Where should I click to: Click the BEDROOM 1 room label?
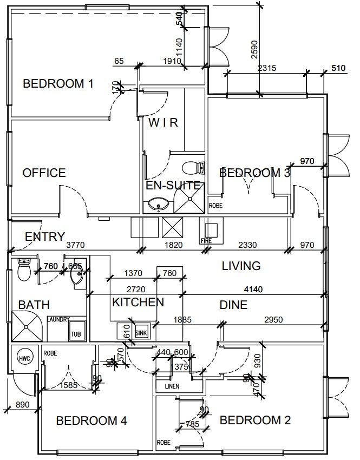[58, 84]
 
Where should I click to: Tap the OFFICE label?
[44, 173]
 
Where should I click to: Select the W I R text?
[163, 122]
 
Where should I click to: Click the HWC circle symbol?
[23, 359]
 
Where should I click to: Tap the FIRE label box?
[206, 241]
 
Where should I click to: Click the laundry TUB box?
[76, 334]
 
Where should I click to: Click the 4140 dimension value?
[253, 290]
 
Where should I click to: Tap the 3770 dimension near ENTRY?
[75, 245]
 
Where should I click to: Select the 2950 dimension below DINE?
[273, 319]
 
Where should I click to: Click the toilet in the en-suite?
[191, 167]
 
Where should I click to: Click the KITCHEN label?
[138, 302]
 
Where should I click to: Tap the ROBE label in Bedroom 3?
[215, 206]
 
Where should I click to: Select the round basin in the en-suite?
[158, 205]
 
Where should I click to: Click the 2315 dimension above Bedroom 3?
[267, 68]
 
